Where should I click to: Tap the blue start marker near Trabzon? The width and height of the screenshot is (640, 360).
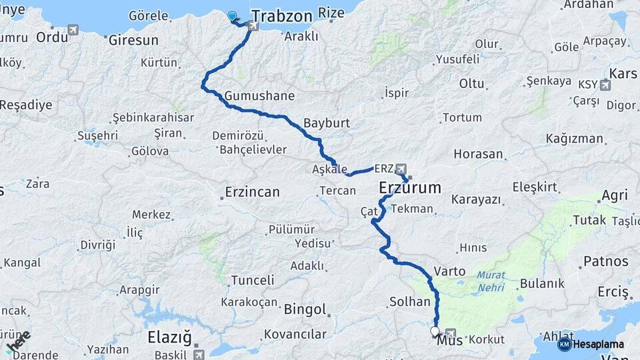[232, 16]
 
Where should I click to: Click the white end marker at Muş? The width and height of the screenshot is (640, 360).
[435, 331]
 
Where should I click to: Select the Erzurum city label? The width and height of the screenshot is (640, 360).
[410, 189]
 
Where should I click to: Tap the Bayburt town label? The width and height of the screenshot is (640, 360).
[326, 124]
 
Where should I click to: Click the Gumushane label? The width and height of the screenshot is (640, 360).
[259, 96]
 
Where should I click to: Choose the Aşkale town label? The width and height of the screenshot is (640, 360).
[329, 169]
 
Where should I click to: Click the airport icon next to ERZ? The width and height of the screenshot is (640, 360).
[401, 168]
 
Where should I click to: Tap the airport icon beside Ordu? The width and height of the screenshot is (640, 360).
[73, 30]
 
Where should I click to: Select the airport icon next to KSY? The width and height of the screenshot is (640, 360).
[605, 85]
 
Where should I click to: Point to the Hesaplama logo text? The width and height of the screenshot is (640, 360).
[598, 345]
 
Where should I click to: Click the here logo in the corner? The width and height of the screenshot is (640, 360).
[17, 341]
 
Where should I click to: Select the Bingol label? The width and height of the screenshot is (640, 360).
[305, 310]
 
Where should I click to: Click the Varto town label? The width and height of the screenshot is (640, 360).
[445, 271]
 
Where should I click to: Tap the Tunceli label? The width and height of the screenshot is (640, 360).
[253, 280]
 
